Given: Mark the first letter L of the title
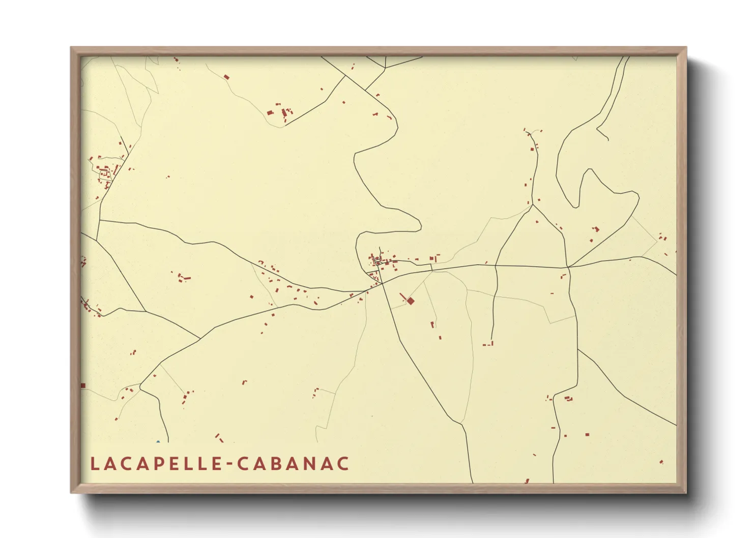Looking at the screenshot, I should (94, 464).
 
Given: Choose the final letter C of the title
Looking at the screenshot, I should (344, 464).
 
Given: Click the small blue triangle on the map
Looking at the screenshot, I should (158, 441).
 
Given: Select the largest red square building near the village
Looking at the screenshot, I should (411, 301).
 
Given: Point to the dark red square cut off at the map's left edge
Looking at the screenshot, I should (83, 386).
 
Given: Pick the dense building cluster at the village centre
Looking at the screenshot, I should (379, 261).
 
